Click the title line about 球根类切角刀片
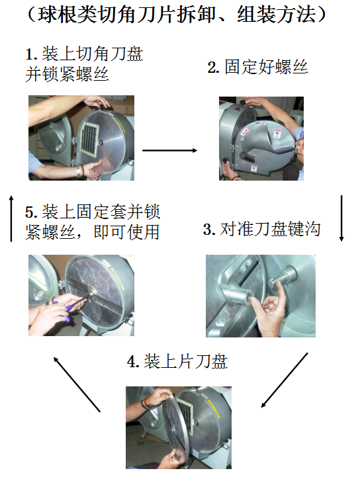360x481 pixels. pos(177,15)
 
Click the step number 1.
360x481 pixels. pos(30,55)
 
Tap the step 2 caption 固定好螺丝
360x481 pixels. pos(266,67)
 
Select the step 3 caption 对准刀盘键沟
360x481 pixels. pos(270,229)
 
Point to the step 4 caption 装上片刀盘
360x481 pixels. pos(186,362)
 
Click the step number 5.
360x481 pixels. pos(31,212)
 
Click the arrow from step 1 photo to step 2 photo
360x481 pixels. pos(169,150)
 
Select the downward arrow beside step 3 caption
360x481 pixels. pos(341,218)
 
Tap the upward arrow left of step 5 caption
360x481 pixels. pos(11,219)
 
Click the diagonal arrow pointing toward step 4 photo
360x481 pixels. pos(284,380)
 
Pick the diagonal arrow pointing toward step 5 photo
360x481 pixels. pos(77,384)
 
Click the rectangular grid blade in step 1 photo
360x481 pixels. pos(89,140)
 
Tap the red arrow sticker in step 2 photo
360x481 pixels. pos(245,132)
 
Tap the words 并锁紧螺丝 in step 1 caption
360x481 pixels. pos(67,75)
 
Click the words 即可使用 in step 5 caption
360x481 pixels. pos(127,232)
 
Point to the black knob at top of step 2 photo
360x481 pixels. pos(242,102)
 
